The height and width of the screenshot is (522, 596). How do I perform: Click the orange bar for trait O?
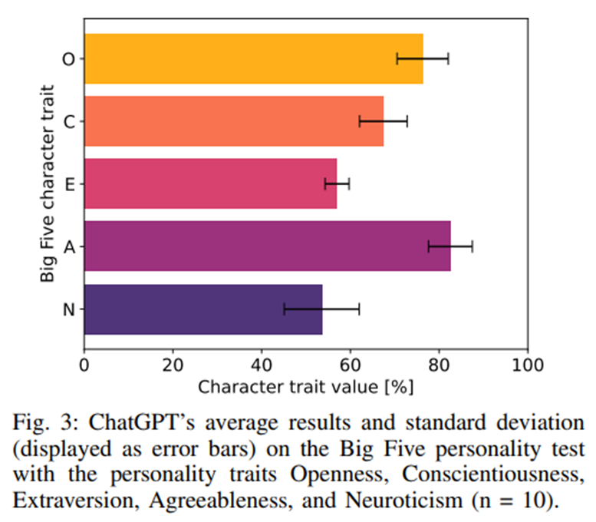pyautogui.click(x=254, y=58)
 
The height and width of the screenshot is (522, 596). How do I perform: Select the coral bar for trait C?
pyautogui.click(x=234, y=121)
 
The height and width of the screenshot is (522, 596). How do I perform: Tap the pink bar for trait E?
pyautogui.click(x=211, y=183)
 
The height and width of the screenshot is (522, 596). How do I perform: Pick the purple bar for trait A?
pyautogui.click(x=268, y=246)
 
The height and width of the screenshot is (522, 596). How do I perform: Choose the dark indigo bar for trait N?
pyautogui.click(x=203, y=309)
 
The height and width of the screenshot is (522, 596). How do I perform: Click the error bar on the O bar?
pyautogui.click(x=423, y=59)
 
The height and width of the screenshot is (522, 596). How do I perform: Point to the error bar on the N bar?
pyautogui.click(x=321, y=309)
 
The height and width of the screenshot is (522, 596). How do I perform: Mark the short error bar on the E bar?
pyautogui.click(x=338, y=183)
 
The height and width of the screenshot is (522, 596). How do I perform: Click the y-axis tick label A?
pyautogui.click(x=70, y=247)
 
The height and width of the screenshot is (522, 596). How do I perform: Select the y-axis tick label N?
pyautogui.click(x=69, y=309)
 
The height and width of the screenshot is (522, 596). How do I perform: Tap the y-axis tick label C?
pyautogui.click(x=69, y=122)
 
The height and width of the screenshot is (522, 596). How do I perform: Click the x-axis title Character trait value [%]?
pyautogui.click(x=305, y=387)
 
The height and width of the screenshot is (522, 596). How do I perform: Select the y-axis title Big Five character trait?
pyautogui.click(x=48, y=183)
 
